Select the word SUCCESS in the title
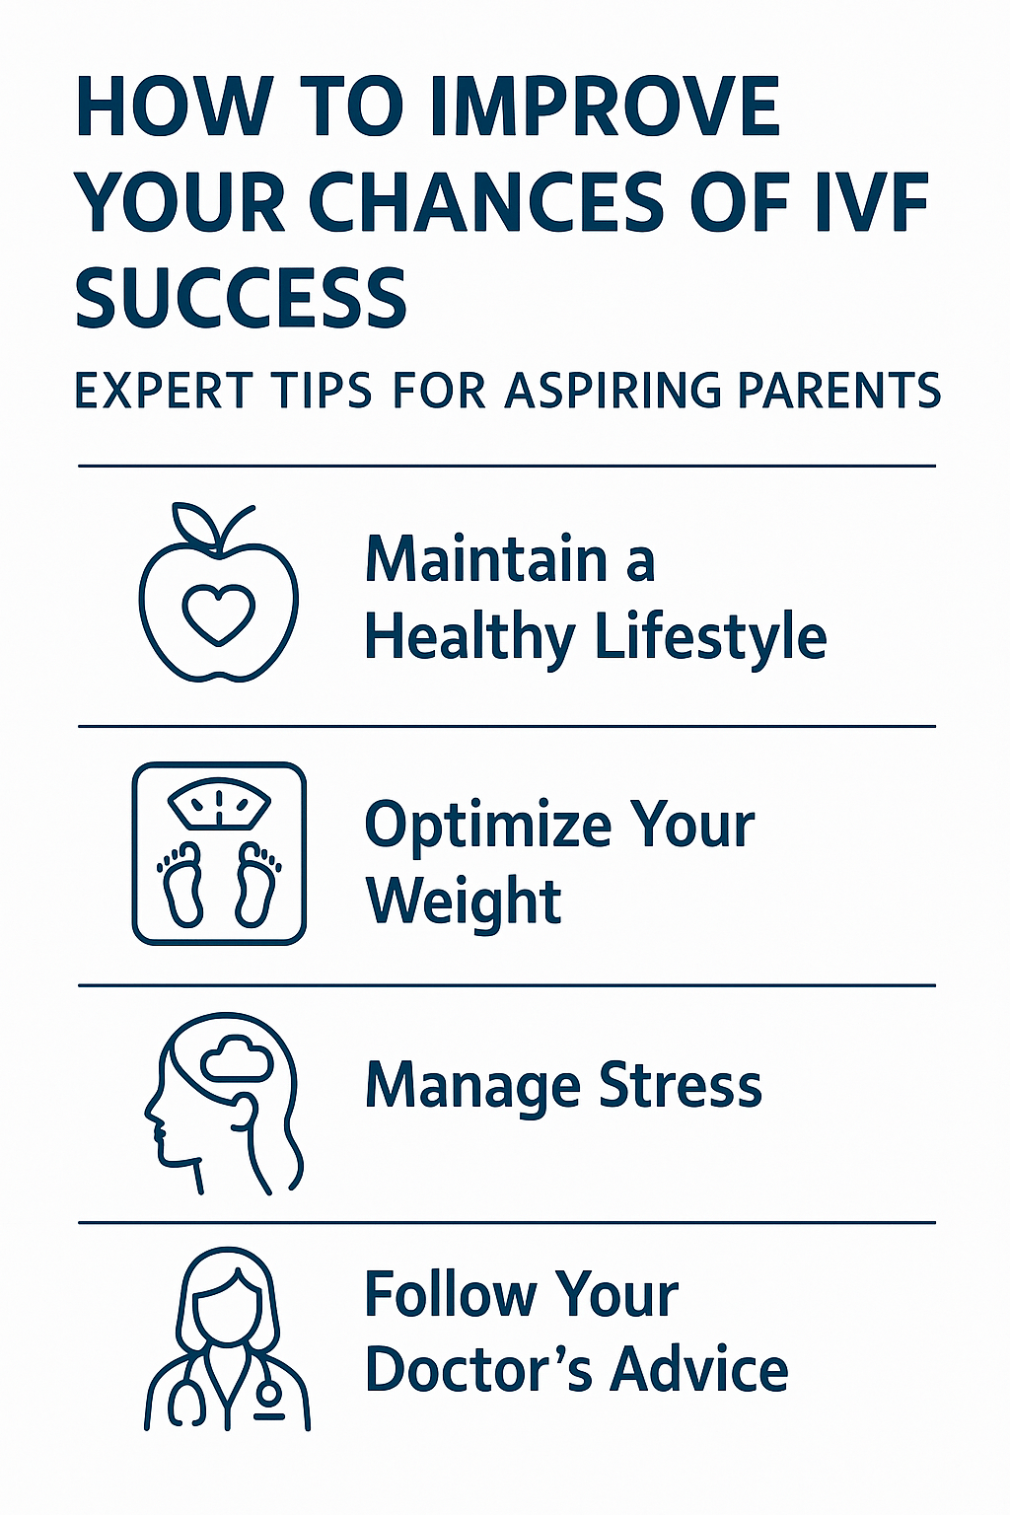[241, 297]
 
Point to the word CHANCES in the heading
[487, 201]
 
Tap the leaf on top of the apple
[190, 522]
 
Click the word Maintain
[486, 560]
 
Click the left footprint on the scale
[180, 884]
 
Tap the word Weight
[465, 901]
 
